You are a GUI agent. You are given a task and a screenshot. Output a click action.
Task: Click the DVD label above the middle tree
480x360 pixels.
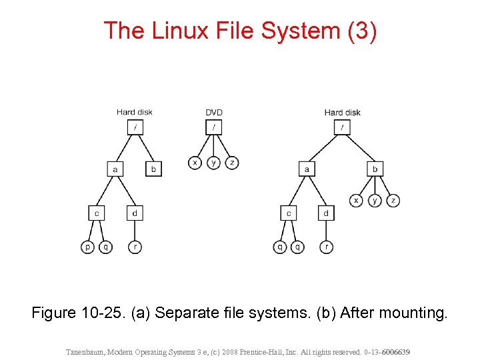pyautogui.click(x=214, y=112)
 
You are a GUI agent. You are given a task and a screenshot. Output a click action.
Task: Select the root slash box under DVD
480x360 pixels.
pyautogui.click(x=214, y=127)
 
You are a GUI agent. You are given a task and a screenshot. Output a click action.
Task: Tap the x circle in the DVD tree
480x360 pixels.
pyautogui.click(x=195, y=162)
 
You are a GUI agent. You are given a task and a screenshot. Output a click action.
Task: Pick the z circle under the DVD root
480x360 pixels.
pyautogui.click(x=232, y=162)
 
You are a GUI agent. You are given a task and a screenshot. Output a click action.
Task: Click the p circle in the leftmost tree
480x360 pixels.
pyautogui.click(x=87, y=247)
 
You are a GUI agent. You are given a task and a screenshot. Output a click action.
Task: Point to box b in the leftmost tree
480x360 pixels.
pyautogui.click(x=154, y=169)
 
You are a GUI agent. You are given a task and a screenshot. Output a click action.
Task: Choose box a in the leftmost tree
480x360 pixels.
pyautogui.click(x=115, y=169)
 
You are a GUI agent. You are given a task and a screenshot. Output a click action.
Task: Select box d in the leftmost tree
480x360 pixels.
pyautogui.click(x=135, y=213)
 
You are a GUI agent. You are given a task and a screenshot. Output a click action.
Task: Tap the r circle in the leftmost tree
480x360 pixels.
pyautogui.click(x=135, y=247)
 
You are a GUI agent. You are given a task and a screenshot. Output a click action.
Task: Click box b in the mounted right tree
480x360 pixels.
pyautogui.click(x=375, y=169)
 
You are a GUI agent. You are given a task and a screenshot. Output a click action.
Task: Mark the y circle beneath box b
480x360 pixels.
pyautogui.click(x=375, y=200)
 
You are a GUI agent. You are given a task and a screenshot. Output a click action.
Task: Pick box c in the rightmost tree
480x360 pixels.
pyautogui.click(x=288, y=213)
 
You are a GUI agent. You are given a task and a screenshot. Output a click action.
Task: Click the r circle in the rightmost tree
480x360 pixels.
pyautogui.click(x=326, y=247)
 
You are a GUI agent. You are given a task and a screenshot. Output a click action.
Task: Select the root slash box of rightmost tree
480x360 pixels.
pyautogui.click(x=341, y=127)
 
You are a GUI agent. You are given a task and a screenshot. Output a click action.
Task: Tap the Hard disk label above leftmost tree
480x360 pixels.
pyautogui.click(x=135, y=112)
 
